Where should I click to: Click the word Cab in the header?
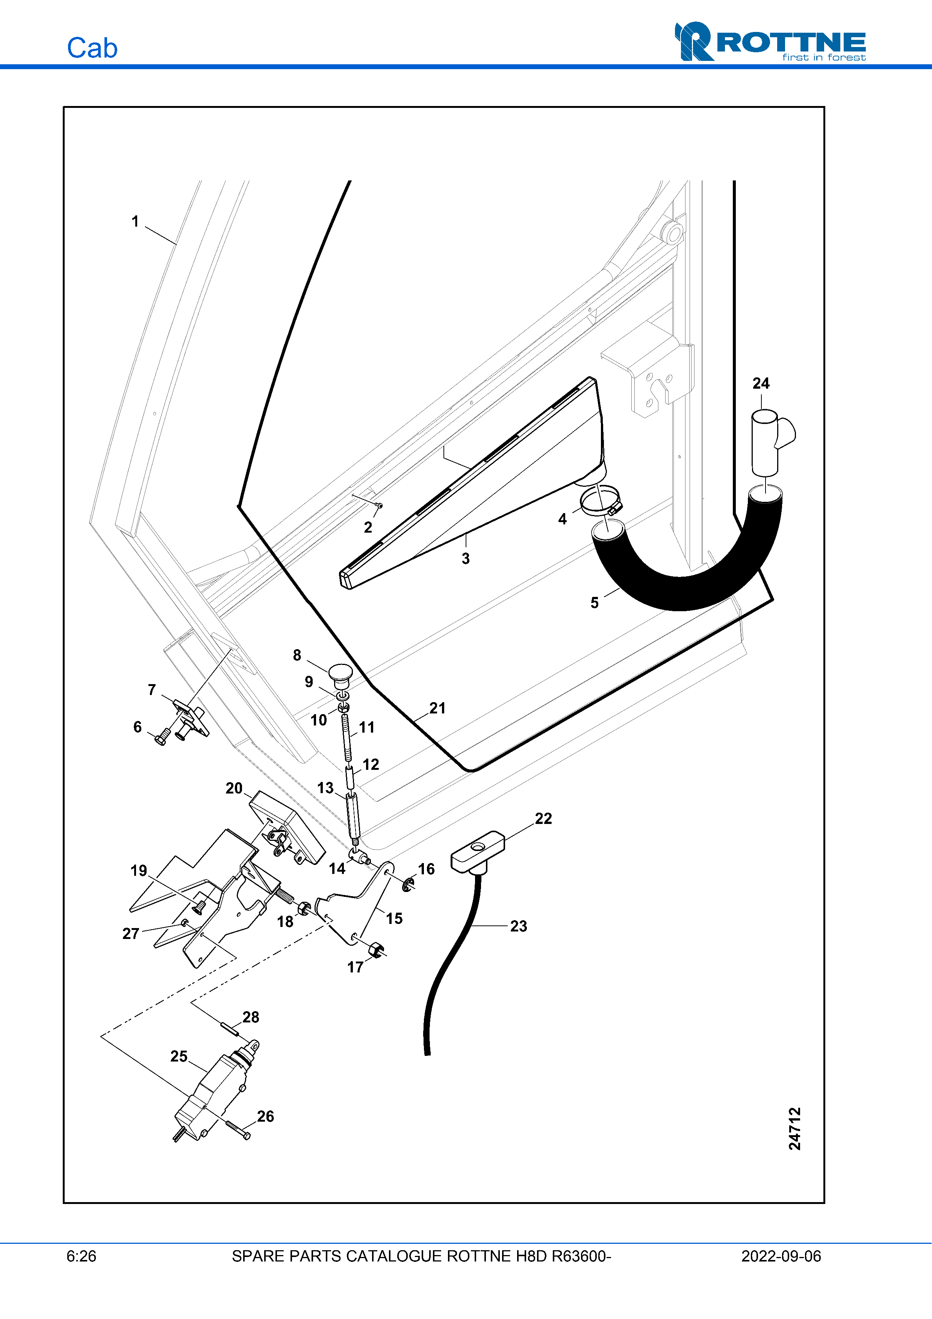92,48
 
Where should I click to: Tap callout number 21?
437,708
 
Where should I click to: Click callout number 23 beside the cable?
519,926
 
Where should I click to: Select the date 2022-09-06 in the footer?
781,1256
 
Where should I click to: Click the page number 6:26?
82,1256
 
